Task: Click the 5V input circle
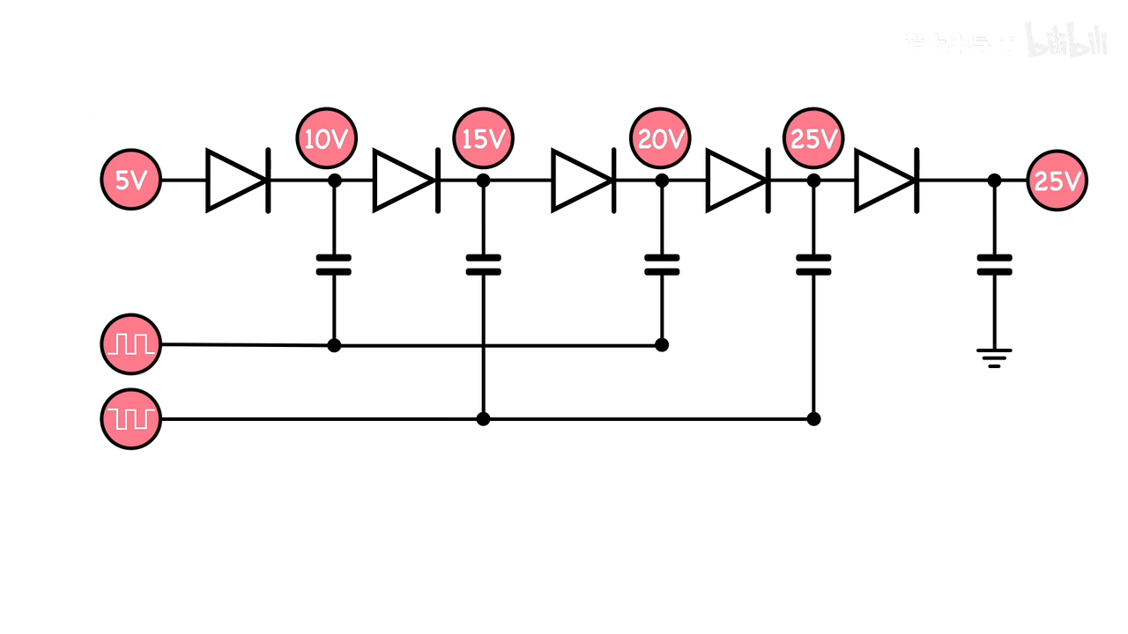point(130,181)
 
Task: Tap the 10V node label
point(327,139)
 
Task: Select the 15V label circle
point(483,139)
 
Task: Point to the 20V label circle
point(660,139)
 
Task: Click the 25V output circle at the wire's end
point(1057,181)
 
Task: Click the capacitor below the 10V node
point(334,265)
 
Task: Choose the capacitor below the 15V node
point(483,265)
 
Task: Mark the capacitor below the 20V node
point(662,265)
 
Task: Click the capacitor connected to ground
point(994,265)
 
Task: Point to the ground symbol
point(994,357)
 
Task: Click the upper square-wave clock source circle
point(130,344)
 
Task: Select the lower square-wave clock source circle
point(130,418)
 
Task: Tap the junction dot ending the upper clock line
point(662,344)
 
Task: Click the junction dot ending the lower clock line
point(813,418)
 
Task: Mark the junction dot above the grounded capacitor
point(994,181)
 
